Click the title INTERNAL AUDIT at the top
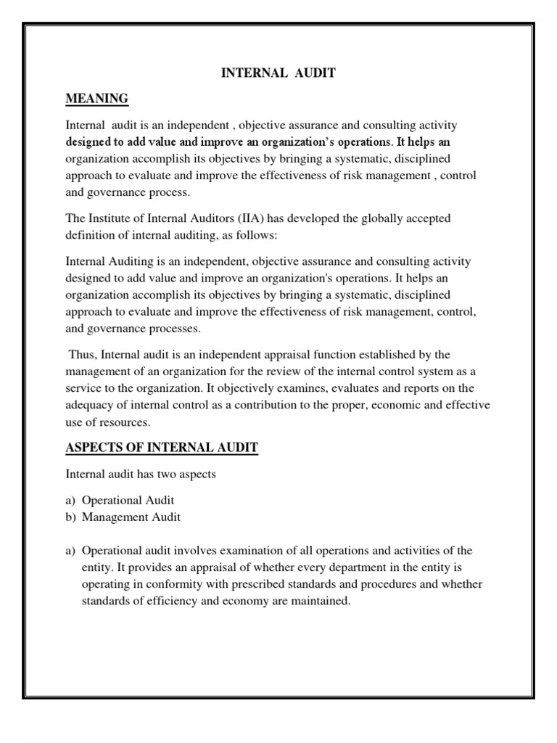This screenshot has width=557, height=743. click(278, 73)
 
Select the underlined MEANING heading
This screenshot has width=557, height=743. click(97, 98)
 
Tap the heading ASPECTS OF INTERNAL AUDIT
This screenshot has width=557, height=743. click(162, 448)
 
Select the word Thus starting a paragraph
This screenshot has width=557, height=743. click(83, 354)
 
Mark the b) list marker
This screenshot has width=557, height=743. click(71, 517)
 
